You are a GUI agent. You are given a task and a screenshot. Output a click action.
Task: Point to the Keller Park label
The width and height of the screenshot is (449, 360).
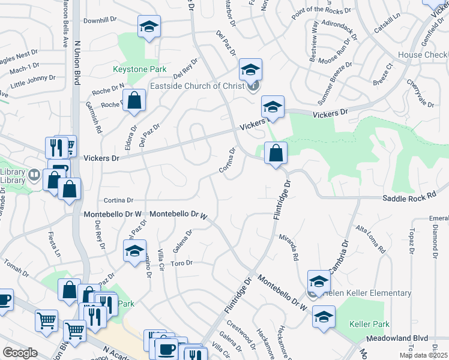point(369,324)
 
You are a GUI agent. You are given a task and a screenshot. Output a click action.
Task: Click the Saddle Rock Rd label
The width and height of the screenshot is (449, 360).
point(415,197)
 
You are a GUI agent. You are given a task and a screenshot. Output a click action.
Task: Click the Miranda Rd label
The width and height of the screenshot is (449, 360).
point(289,248)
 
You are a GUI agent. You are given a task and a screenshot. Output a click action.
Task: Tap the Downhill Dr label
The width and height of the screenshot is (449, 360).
point(99,21)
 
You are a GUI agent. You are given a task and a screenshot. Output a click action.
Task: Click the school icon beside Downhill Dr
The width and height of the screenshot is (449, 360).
point(149,27)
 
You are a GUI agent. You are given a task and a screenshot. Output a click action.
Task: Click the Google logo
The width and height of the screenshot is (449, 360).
point(20,353)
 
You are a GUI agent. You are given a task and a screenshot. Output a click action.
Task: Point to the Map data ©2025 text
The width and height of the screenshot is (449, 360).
point(423,355)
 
